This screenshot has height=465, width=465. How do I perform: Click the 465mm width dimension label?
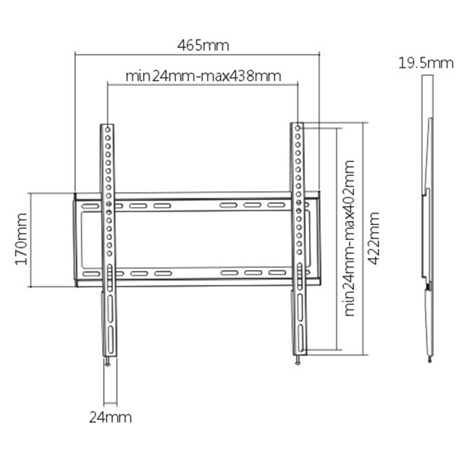[203, 46]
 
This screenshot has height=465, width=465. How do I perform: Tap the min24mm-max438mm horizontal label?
[204, 76]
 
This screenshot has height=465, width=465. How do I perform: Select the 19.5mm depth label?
[426, 63]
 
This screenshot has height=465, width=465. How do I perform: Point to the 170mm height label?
[21, 239]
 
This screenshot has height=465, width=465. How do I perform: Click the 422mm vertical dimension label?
[373, 238]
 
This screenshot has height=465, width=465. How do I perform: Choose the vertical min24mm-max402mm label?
[349, 238]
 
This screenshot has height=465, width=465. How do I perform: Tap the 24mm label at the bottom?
[110, 417]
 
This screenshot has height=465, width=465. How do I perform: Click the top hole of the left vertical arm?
[108, 130]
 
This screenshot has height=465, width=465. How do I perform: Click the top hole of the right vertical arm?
[298, 128]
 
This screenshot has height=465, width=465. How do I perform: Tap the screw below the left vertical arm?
[107, 361]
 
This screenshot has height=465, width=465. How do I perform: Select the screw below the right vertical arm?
[298, 359]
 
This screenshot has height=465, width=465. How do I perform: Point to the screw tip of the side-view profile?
[430, 359]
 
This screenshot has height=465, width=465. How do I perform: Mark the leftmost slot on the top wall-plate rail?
[90, 206]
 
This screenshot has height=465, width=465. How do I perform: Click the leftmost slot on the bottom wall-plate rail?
[92, 274]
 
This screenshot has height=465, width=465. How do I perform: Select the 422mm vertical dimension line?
[364, 238]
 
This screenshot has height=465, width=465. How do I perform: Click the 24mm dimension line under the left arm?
[110, 404]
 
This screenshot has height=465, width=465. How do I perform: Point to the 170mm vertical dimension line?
[31, 240]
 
